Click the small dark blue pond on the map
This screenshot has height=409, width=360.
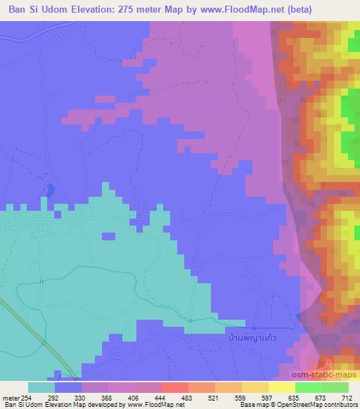50,190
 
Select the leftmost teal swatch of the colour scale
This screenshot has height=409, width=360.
41,387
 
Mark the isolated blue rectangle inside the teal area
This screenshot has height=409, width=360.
108,236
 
